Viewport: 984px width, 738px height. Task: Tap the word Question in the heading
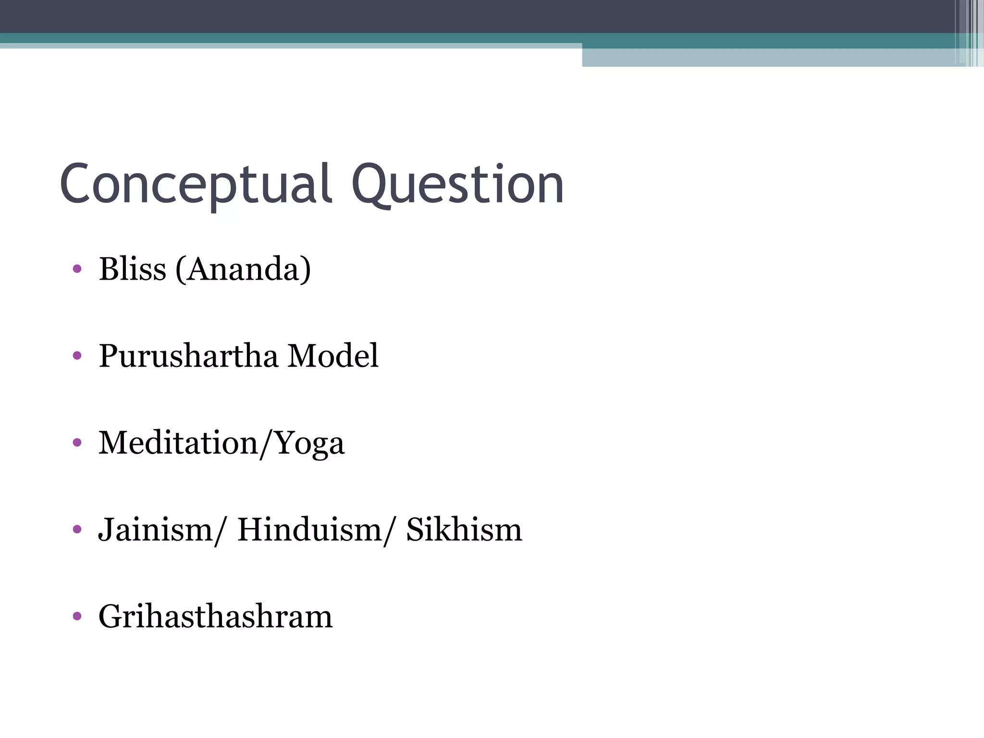457,185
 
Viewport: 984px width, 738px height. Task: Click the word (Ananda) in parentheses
243,269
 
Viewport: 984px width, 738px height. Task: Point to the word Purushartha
188,356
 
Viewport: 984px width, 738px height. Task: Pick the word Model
332,356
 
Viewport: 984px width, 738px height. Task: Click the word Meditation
178,443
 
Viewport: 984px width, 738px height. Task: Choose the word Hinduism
309,529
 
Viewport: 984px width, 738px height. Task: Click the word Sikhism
464,529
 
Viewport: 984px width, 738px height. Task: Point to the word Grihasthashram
215,617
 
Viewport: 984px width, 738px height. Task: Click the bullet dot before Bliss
77,269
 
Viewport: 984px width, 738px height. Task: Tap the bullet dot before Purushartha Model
77,356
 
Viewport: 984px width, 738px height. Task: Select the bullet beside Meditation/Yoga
77,443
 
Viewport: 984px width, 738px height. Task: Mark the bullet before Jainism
77,529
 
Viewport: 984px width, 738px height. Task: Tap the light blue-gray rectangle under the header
769,58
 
